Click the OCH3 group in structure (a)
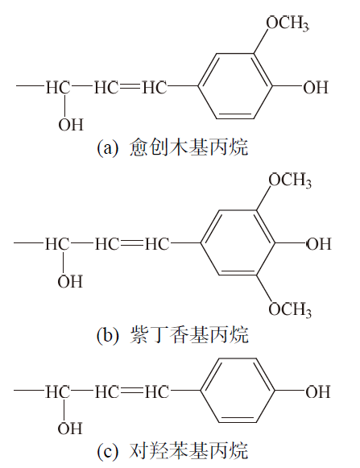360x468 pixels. tap(288, 23)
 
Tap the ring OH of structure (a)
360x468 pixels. tap(316, 88)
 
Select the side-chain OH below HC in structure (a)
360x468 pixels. tap(71, 125)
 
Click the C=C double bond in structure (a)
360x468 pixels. tap(130, 87)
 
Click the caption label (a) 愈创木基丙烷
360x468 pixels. tap(172, 147)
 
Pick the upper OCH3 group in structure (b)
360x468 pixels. tap(290, 180)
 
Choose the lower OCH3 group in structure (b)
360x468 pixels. tap(290, 309)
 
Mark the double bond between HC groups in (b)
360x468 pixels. tap(132, 244)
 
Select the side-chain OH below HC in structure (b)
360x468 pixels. tap(70, 282)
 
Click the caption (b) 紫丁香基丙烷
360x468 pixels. tap(172, 335)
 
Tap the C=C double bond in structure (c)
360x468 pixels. tap(132, 391)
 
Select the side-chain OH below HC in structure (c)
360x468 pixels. tap(70, 429)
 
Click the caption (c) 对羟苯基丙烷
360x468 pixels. tap(172, 451)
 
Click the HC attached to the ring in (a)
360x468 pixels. tap(154, 88)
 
